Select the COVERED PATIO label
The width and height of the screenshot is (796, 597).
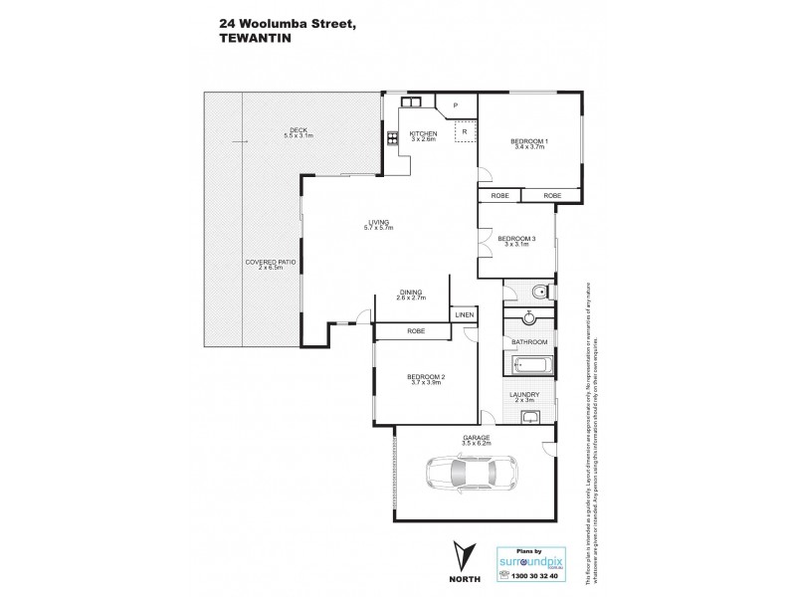click(271, 262)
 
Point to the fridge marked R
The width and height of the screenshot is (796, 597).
click(464, 131)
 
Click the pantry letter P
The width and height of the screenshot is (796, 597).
click(453, 105)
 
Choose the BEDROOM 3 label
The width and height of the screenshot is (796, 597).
click(516, 238)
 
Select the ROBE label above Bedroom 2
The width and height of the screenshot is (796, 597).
click(416, 330)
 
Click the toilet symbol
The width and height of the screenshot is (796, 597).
click(537, 293)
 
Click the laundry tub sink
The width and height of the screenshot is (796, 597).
click(532, 416)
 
